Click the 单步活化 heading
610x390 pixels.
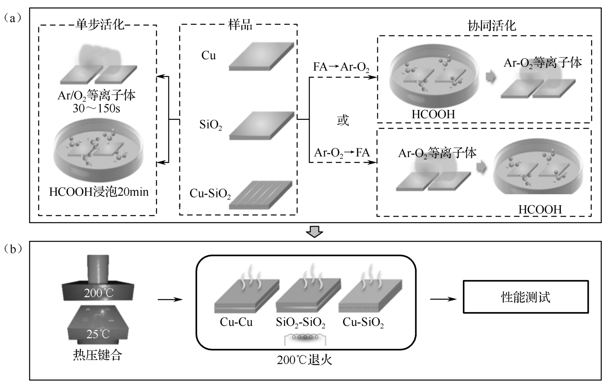pyautogui.click(x=100, y=25)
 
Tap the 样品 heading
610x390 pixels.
pyautogui.click(x=240, y=25)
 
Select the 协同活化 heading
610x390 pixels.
pyautogui.click(x=491, y=26)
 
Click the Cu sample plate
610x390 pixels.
pyautogui.click(x=261, y=56)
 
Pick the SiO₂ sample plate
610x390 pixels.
pyautogui.click(x=262, y=125)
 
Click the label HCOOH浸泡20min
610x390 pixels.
pyautogui.click(x=99, y=192)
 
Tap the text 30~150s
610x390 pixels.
pyautogui.click(x=96, y=108)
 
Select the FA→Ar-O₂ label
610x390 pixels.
pyautogui.click(x=341, y=67)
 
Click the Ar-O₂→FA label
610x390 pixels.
pyautogui.click(x=342, y=153)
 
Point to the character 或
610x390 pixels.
pyautogui.click(x=343, y=120)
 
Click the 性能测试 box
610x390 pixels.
pyautogui.click(x=525, y=297)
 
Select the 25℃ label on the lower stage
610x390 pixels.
pyautogui.click(x=98, y=334)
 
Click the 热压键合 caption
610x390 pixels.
pyautogui.click(x=98, y=355)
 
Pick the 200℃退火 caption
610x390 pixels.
pyautogui.click(x=304, y=360)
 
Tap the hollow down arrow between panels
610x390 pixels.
pyautogui.click(x=315, y=232)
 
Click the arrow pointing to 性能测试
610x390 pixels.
pyautogui.click(x=443, y=299)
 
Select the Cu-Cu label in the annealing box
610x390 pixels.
pyautogui.click(x=236, y=322)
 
